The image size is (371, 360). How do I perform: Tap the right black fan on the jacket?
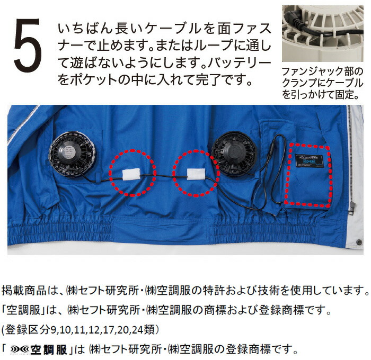(233, 153)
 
